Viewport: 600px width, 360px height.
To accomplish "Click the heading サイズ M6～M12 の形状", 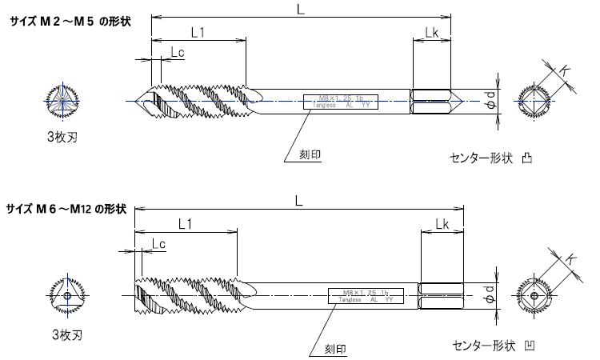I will click(x=66, y=209).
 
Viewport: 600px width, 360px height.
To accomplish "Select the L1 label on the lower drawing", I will click(x=185, y=226).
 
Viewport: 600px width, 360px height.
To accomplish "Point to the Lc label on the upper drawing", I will click(x=178, y=53).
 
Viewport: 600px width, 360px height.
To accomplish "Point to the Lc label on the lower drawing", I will click(x=158, y=243).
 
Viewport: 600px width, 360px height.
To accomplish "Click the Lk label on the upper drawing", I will click(x=430, y=32).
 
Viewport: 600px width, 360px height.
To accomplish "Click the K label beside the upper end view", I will click(x=565, y=72).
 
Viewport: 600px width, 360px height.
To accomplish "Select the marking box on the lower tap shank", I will click(x=367, y=295).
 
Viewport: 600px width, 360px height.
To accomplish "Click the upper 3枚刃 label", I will click(x=62, y=137).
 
